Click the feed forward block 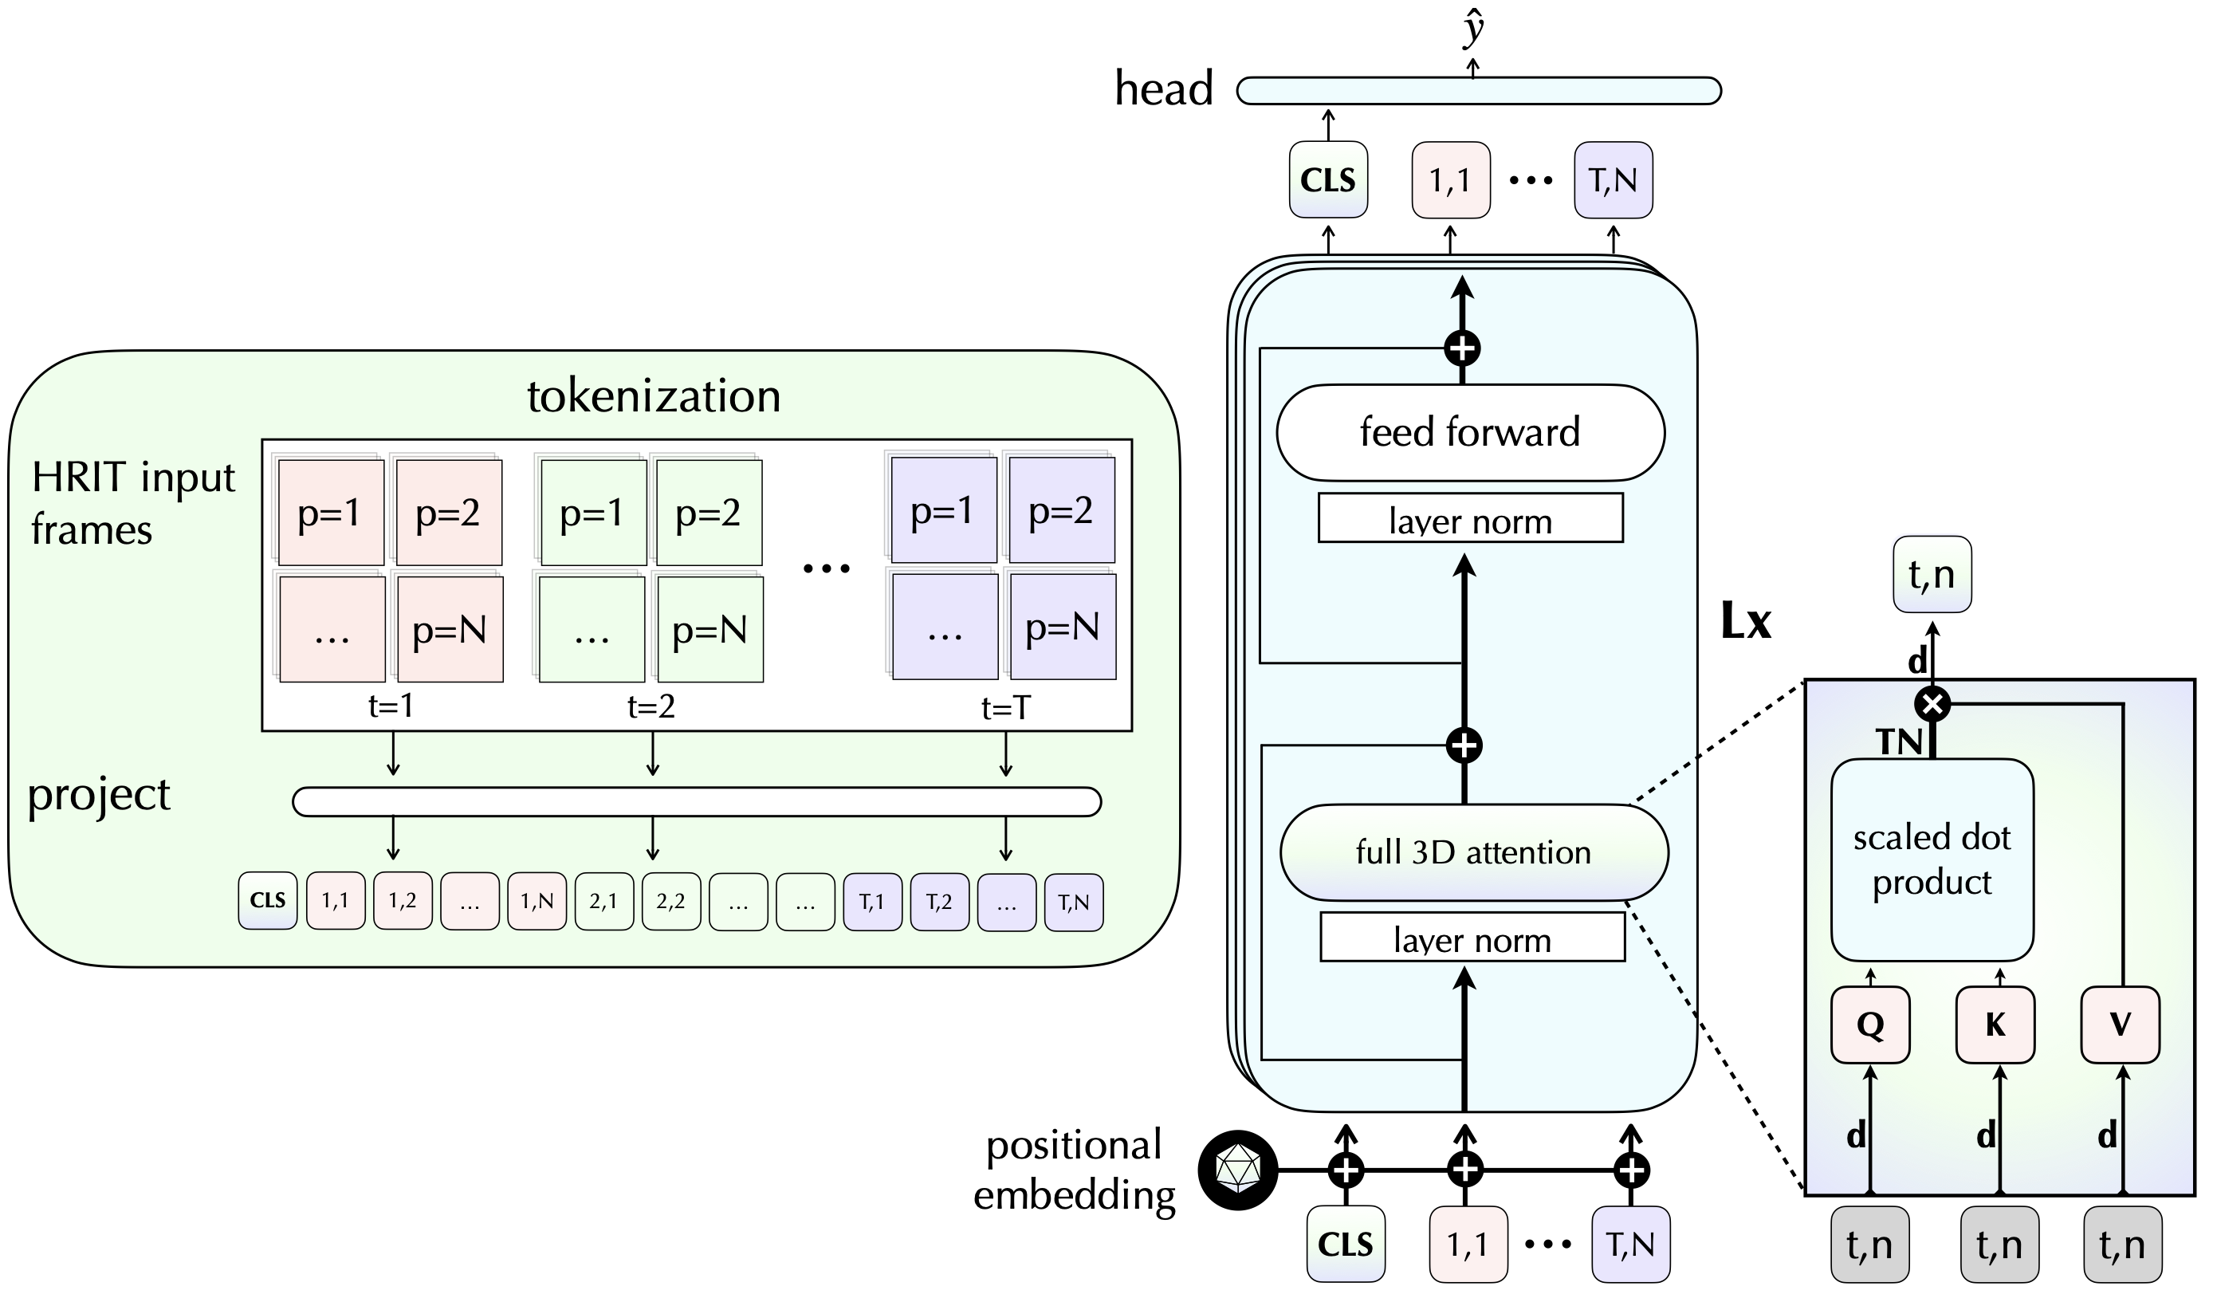pyautogui.click(x=1470, y=432)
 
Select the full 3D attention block pyautogui.click(x=1473, y=852)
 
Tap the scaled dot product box pyautogui.click(x=1932, y=859)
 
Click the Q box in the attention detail pyautogui.click(x=1869, y=1025)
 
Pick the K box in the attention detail pyautogui.click(x=1995, y=1025)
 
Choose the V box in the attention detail pyautogui.click(x=2120, y=1025)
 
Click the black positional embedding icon pyautogui.click(x=1237, y=1170)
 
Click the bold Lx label pyautogui.click(x=1746, y=622)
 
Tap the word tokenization pyautogui.click(x=654, y=396)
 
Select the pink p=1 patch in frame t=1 pyautogui.click(x=330, y=513)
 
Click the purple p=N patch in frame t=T pyautogui.click(x=1063, y=627)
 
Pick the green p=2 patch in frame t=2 pyautogui.click(x=709, y=513)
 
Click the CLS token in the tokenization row pyautogui.click(x=268, y=900)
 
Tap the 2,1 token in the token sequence pyautogui.click(x=604, y=900)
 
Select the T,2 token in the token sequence pyautogui.click(x=940, y=901)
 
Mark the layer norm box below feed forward pyautogui.click(x=1470, y=518)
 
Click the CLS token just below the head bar pyautogui.click(x=1328, y=180)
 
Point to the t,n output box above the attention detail pyautogui.click(x=1932, y=574)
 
